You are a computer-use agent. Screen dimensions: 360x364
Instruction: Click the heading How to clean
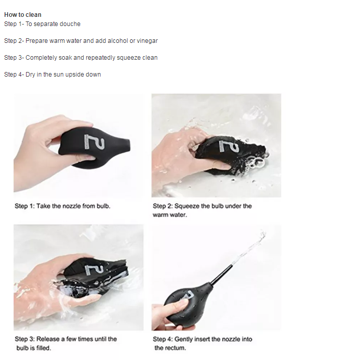point(22,15)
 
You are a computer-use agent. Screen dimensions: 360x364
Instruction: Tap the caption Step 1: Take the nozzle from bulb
point(62,206)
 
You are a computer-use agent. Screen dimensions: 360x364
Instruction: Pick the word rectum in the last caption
point(177,348)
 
